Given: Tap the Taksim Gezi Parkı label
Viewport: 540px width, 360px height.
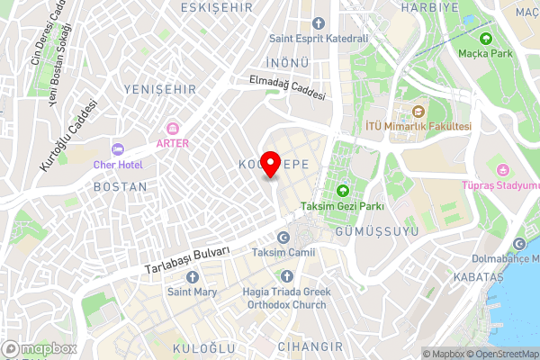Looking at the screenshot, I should coord(343,206).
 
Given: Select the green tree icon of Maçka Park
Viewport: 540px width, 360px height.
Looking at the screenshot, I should coord(486,39).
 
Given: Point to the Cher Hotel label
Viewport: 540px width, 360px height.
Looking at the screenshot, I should coord(117,166).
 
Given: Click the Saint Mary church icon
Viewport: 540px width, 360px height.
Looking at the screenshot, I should coord(190,275).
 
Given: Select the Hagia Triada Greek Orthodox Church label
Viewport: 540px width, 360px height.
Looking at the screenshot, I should coord(286,298).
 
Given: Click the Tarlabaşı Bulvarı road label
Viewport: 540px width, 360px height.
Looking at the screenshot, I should coord(188,261).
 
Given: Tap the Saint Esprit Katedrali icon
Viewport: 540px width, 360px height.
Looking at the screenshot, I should coord(319,22).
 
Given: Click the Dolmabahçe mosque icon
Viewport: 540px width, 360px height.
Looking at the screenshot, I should coord(519,244).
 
